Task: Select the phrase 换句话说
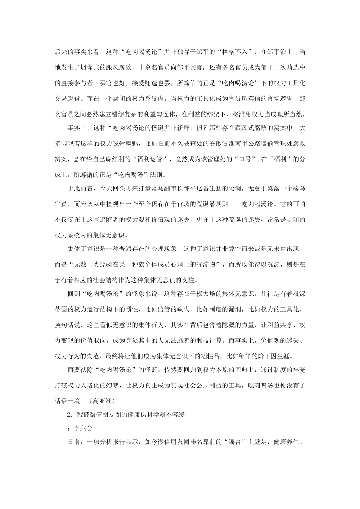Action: (x=67, y=325)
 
